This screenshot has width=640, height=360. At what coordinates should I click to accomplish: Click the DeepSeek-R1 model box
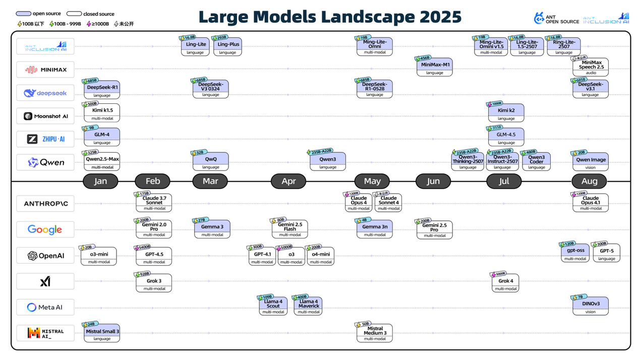tap(102, 89)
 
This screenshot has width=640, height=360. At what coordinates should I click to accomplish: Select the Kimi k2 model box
tap(506, 112)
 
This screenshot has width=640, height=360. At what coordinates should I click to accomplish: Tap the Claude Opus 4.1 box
tap(590, 202)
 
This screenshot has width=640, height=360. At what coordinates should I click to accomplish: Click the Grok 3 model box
tap(154, 283)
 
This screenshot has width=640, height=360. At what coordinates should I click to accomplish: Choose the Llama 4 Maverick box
tap(308, 306)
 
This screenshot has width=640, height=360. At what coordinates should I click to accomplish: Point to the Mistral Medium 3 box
tap(375, 333)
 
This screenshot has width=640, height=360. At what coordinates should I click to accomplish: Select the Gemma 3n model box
tap(375, 228)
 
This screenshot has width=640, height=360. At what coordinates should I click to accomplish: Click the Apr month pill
tap(288, 181)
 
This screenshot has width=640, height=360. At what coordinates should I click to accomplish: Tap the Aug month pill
tap(589, 181)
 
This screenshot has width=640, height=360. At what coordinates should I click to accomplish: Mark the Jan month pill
tap(100, 181)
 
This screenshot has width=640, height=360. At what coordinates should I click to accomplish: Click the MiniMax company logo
tap(45, 70)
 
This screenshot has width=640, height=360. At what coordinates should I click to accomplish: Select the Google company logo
tap(45, 229)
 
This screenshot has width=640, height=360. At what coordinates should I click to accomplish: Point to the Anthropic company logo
tap(45, 204)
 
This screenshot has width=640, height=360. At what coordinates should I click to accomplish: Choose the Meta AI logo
tap(45, 307)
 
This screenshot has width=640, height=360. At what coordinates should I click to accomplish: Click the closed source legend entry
tap(91, 14)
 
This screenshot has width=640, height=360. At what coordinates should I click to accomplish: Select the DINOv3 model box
tap(590, 306)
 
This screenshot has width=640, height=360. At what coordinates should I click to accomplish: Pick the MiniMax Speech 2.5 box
tap(590, 67)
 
